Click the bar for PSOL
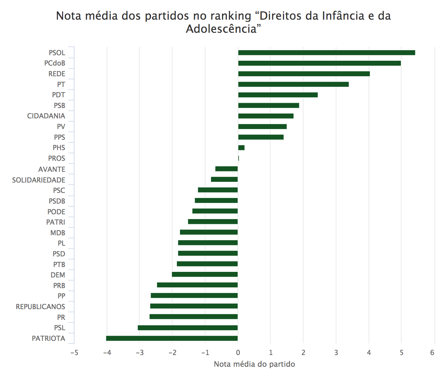tap(326, 53)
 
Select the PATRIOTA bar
tap(172, 338)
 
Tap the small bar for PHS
tap(241, 148)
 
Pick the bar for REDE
tap(304, 74)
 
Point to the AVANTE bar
tap(227, 169)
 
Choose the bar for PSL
tap(188, 328)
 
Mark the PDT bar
tap(278, 95)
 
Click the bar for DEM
tap(205, 275)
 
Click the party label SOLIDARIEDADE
tap(39, 180)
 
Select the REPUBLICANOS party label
tap(40, 307)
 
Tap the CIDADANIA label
tap(46, 116)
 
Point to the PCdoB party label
tap(54, 63)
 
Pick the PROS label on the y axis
tap(57, 158)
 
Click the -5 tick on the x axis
tap(74, 353)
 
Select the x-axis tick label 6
tap(432, 353)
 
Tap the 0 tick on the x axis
tap(238, 353)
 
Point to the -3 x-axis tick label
tap(139, 353)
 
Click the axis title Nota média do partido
tap(254, 364)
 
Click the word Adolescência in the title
tap(221, 29)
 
